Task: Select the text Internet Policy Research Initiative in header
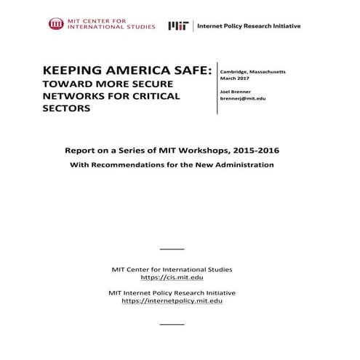coord(249,25)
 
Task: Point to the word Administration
coord(242,165)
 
